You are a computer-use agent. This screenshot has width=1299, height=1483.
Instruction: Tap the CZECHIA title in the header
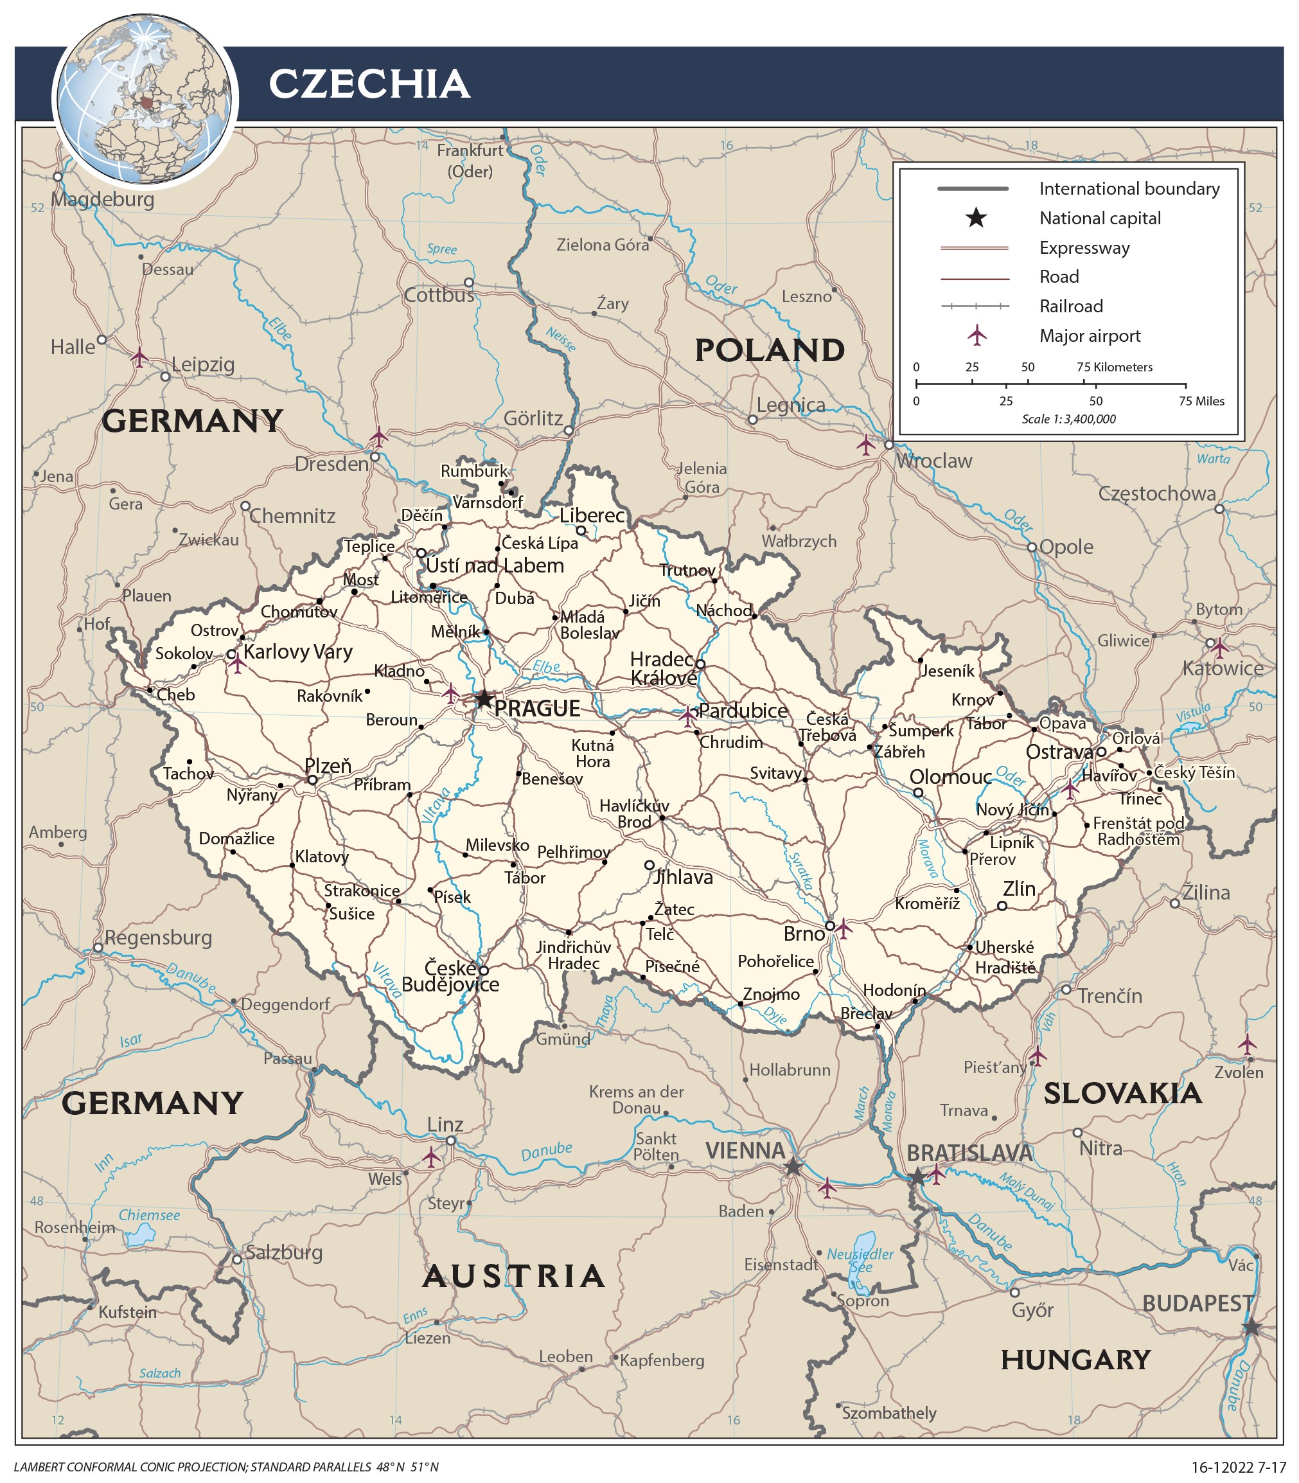tap(369, 84)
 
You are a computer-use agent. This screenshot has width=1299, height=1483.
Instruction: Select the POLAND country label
tap(770, 350)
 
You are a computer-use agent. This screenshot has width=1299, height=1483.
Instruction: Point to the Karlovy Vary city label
tap(297, 652)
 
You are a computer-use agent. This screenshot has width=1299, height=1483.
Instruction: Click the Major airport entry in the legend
tap(1090, 335)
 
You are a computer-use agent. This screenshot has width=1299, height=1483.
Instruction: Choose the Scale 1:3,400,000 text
tap(1068, 419)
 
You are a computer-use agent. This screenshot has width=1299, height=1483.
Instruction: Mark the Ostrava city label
tap(1058, 752)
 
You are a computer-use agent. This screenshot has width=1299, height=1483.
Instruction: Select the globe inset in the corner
tap(145, 100)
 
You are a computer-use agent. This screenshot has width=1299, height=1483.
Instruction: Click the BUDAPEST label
tap(1197, 1303)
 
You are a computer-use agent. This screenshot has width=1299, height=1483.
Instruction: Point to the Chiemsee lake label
tap(149, 1215)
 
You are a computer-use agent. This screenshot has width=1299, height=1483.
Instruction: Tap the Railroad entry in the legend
tap(1071, 306)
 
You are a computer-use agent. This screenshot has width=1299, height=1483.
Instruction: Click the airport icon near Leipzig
tap(139, 357)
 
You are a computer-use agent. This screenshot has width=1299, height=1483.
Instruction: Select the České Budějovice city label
tap(450, 976)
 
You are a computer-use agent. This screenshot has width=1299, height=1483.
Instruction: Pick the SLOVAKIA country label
tap(1122, 1093)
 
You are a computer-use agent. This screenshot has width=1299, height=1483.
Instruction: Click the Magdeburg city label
tap(102, 199)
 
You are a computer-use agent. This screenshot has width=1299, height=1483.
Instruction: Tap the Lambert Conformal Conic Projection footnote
tap(226, 1466)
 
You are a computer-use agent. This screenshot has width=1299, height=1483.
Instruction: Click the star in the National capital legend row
tap(976, 217)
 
